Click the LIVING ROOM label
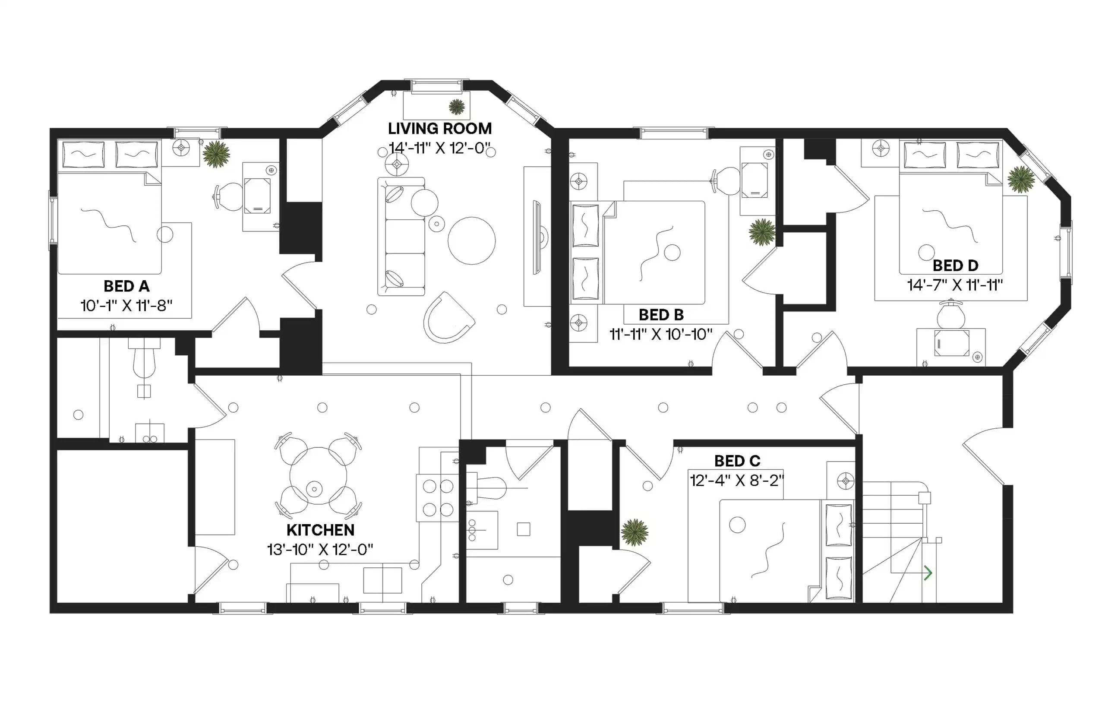[439, 129]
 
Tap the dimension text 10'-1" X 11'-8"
[126, 306]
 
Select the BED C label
[737, 461]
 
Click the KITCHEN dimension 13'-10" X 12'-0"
[320, 550]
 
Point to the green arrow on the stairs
[927, 573]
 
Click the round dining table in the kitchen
[319, 476]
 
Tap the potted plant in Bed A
[216, 154]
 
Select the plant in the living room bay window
[457, 107]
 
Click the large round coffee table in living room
[471, 240]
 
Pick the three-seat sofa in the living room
[401, 237]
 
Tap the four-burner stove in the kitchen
[437, 498]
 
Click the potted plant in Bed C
[635, 532]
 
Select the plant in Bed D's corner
[1021, 179]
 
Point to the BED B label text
[661, 315]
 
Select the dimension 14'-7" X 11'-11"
[955, 285]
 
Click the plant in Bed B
[761, 232]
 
